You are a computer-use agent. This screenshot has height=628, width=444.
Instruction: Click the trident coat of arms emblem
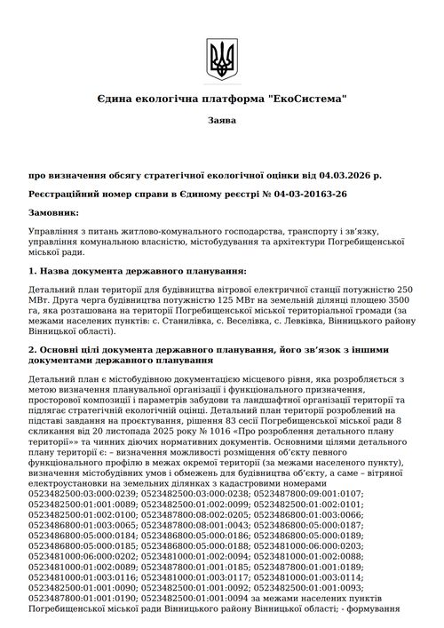[x=220, y=60]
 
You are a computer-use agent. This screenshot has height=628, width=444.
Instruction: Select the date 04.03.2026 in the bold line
[x=342, y=175]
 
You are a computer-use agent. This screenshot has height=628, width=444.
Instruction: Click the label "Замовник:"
[x=53, y=211]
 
